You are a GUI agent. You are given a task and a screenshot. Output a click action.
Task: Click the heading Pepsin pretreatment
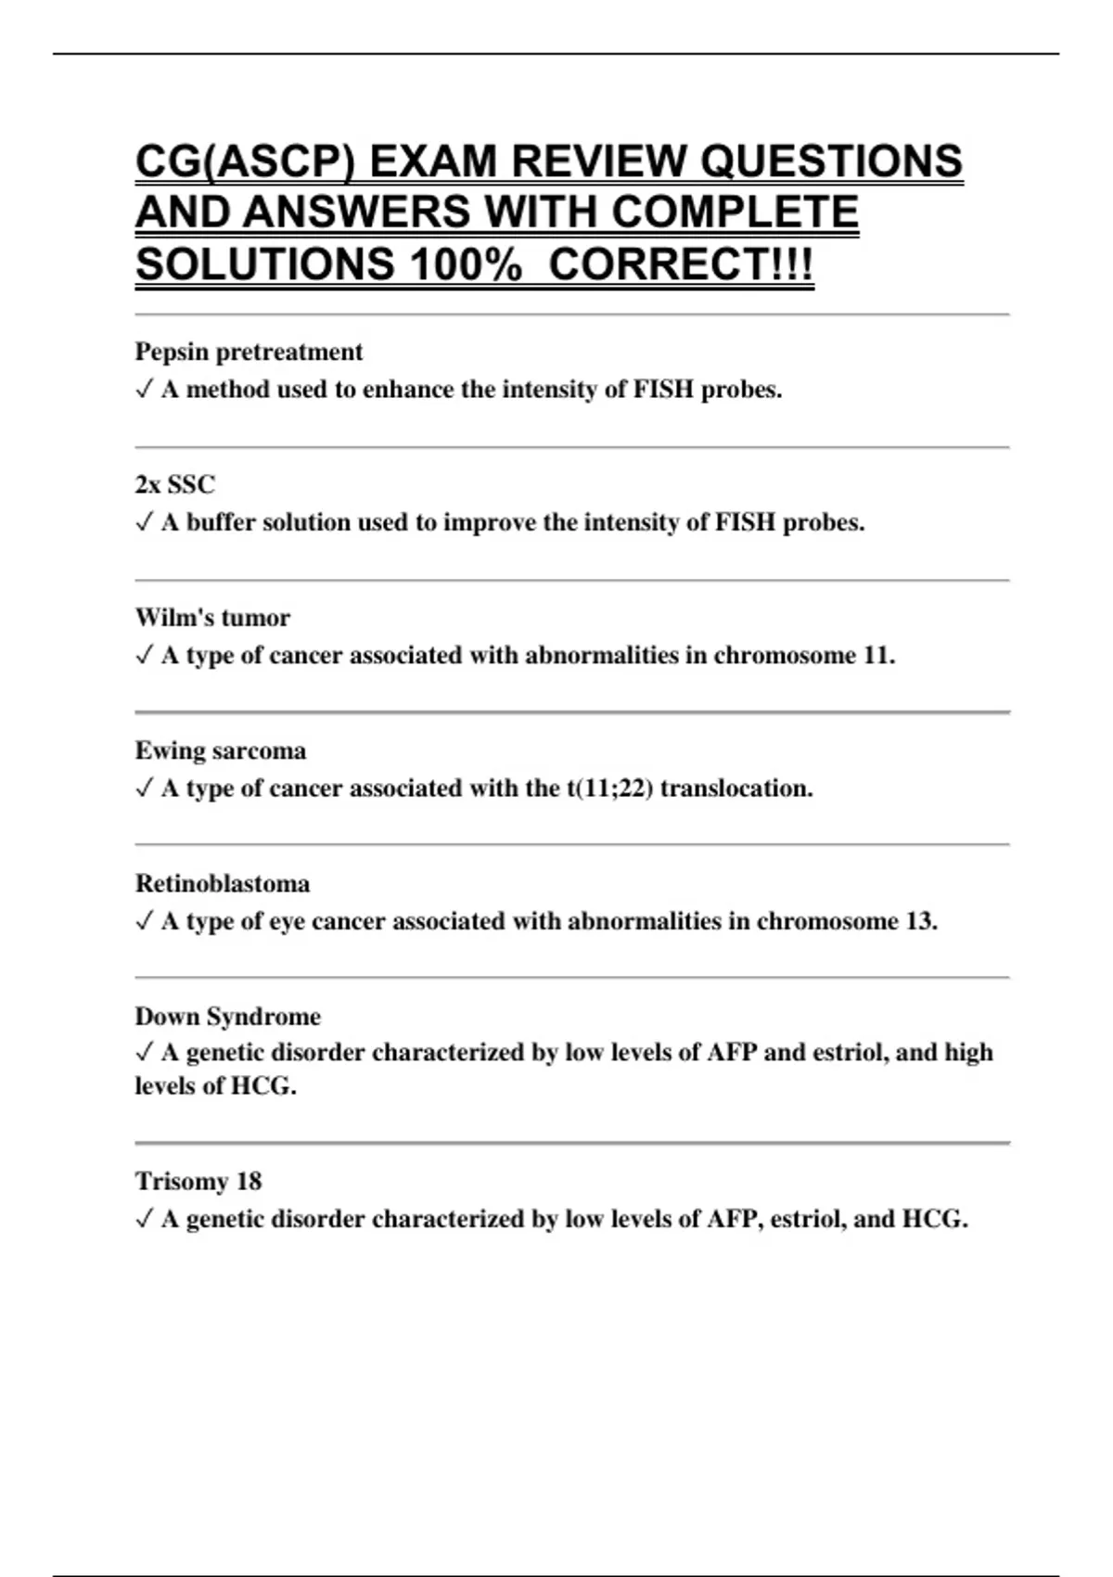(x=249, y=352)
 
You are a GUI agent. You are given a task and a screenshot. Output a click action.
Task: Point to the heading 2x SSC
(x=174, y=484)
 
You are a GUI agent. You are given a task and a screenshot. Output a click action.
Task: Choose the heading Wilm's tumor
(x=212, y=617)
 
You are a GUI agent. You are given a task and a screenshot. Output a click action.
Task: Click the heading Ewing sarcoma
(x=221, y=750)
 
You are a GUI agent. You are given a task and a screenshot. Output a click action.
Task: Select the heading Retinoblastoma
(x=223, y=883)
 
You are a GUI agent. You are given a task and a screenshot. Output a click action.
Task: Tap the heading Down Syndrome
(x=228, y=1016)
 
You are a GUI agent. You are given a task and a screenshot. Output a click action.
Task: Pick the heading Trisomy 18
(x=198, y=1181)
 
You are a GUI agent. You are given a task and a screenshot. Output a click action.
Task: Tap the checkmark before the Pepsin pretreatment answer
(x=144, y=390)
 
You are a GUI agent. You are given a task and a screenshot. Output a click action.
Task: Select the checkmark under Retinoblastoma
(x=144, y=921)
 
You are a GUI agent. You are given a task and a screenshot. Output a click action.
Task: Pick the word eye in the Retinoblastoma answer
(x=287, y=921)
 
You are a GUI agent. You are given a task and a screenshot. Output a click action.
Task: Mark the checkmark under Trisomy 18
(x=144, y=1219)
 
